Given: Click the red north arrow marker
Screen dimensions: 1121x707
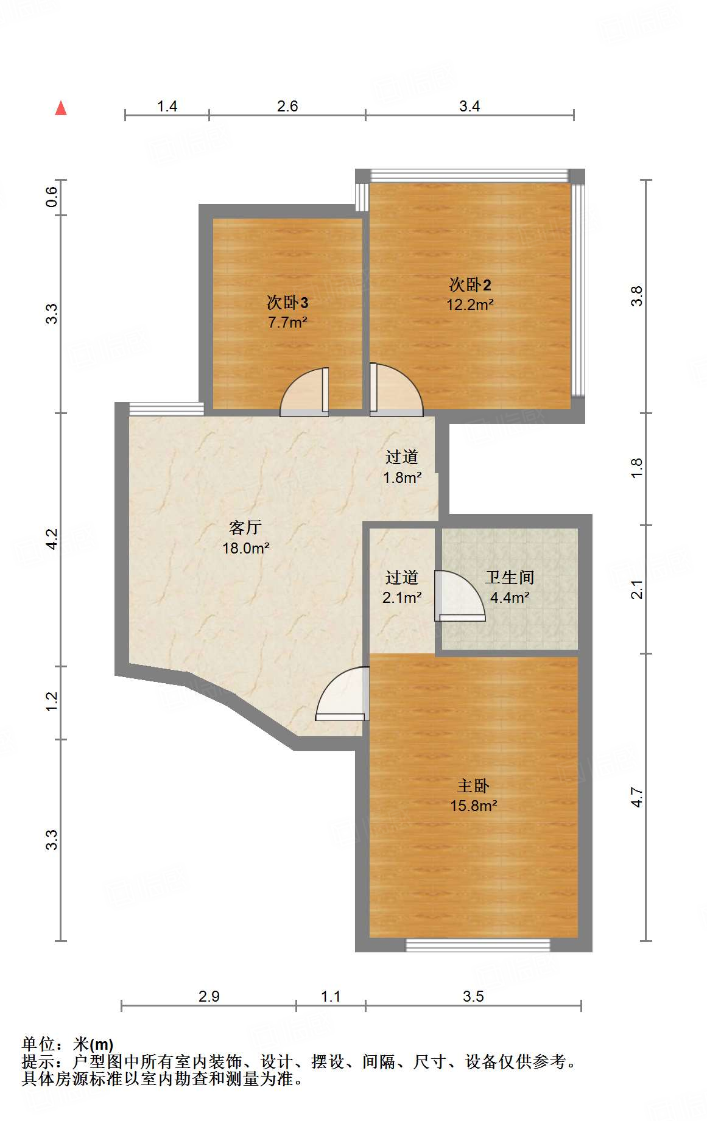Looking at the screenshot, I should [x=61, y=108].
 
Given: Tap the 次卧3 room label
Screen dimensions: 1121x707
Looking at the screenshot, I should [x=287, y=302].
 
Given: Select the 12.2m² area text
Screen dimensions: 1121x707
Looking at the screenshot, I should [x=470, y=304].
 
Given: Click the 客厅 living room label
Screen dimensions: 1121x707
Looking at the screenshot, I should [x=245, y=527].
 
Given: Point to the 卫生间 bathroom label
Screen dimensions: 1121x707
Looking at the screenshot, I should [x=510, y=577].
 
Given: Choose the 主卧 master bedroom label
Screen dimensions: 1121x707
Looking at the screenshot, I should [x=473, y=786].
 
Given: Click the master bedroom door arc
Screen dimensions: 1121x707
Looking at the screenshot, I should [x=343, y=695].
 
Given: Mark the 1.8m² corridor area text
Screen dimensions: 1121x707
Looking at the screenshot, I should [x=402, y=478].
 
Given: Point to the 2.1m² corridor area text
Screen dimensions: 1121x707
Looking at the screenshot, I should [x=402, y=598].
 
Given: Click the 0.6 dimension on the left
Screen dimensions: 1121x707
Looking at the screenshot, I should [x=52, y=197].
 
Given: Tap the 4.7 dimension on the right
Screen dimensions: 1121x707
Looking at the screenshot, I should [x=636, y=797].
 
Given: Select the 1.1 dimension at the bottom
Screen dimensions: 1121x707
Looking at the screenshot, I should [x=331, y=997].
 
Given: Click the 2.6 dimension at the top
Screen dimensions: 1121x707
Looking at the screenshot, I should [x=287, y=107].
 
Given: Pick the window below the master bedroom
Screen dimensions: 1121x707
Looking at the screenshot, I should [x=478, y=945].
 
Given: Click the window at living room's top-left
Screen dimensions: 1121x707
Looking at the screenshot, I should [x=166, y=409].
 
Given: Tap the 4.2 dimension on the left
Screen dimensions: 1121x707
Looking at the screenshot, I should [x=52, y=539].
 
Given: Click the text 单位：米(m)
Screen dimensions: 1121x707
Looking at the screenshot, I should [x=68, y=1045].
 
